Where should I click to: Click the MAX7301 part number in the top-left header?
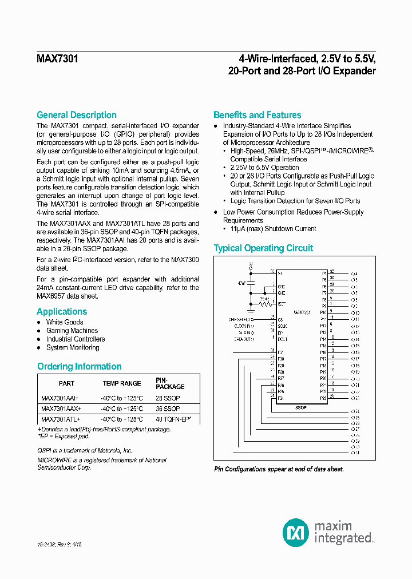[57, 58]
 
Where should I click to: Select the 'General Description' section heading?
[76, 115]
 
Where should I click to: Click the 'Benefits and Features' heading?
[257, 115]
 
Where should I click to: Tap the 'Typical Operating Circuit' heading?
[263, 248]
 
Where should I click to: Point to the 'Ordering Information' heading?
[79, 366]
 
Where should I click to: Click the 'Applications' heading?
[62, 312]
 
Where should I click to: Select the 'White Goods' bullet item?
[65, 322]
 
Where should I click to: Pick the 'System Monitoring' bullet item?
[73, 347]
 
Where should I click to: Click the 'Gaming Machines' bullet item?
[72, 331]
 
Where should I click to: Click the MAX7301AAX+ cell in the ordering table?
[61, 409]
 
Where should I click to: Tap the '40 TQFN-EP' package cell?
[173, 419]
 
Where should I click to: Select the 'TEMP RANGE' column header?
[121, 383]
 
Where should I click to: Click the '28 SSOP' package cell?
[168, 398]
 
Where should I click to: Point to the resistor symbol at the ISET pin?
[264, 304]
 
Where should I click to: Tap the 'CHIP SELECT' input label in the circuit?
[241, 319]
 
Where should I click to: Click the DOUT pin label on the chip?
[283, 339]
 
